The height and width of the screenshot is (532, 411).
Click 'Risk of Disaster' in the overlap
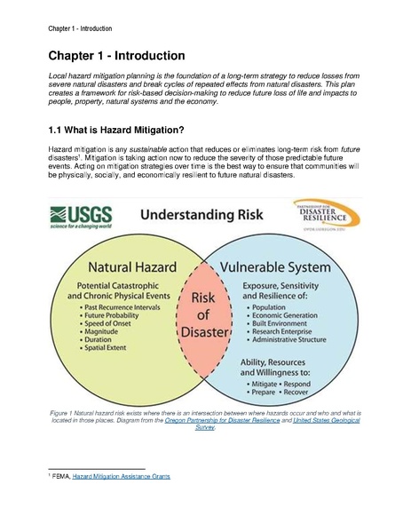tap(205, 318)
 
